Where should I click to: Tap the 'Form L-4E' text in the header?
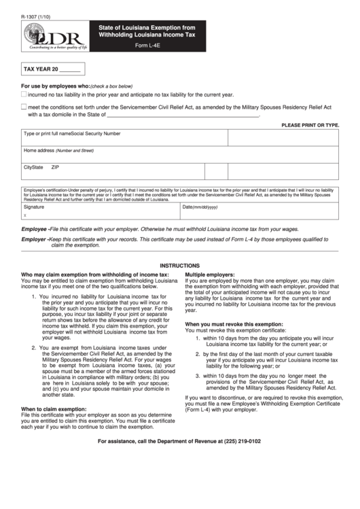[x=149, y=45]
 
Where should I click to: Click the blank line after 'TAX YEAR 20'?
[x=71, y=70]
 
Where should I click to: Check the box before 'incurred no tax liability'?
[x=24, y=95]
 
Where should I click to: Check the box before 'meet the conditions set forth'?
[x=24, y=107]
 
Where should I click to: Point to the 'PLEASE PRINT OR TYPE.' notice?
[x=310, y=125]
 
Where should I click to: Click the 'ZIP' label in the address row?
[x=55, y=166]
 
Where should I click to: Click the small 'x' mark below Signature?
[x=25, y=214]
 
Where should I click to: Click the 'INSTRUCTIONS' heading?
[x=180, y=266]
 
